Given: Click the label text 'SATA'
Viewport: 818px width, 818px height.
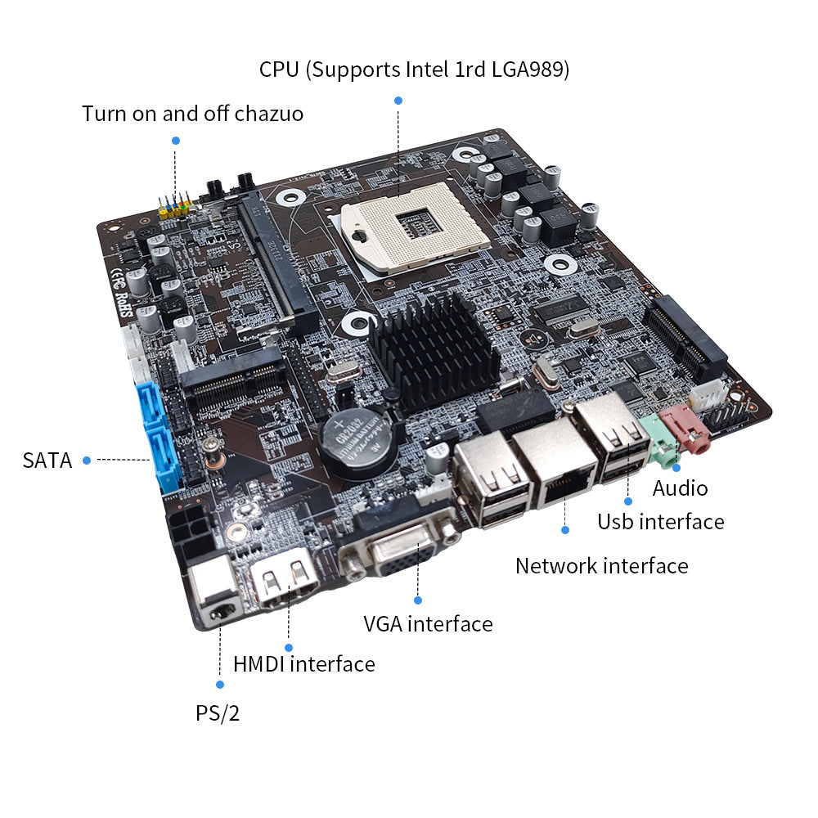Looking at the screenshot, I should click(47, 461).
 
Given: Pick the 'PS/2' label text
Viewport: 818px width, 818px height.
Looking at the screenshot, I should click(218, 713).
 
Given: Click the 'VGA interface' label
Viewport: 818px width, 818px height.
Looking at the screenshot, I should click(428, 624).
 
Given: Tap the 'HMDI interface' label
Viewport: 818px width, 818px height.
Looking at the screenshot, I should click(303, 663).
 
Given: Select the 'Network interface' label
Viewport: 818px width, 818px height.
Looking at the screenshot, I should click(601, 565).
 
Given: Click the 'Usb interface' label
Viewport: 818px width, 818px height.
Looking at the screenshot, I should click(660, 521).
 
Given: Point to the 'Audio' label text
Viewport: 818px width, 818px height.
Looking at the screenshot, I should click(680, 488).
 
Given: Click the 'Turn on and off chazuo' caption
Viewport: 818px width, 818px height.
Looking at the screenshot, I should click(192, 113).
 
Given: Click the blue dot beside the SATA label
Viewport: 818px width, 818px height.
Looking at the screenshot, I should click(86, 460).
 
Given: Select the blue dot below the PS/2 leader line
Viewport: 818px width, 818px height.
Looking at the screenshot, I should click(219, 684).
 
